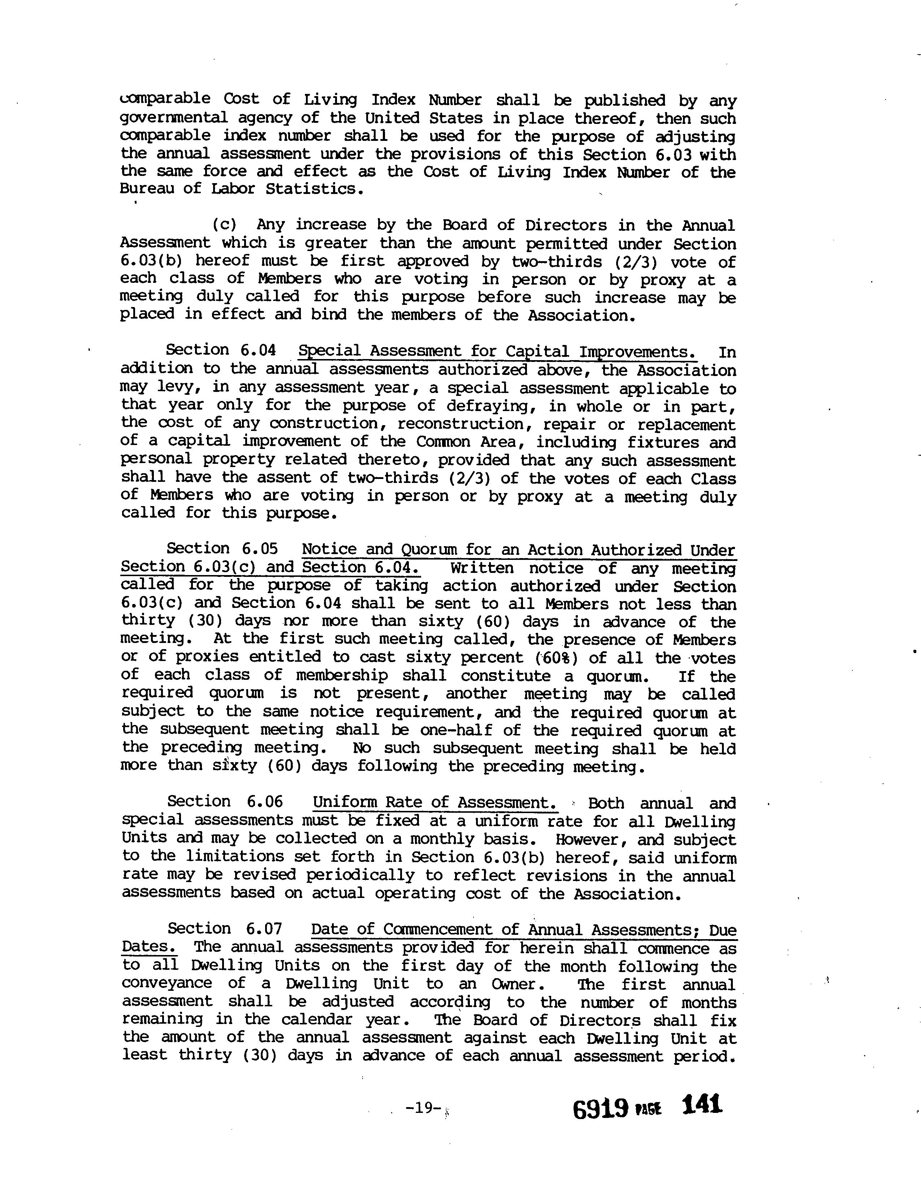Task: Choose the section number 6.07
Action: pos(264,928)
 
